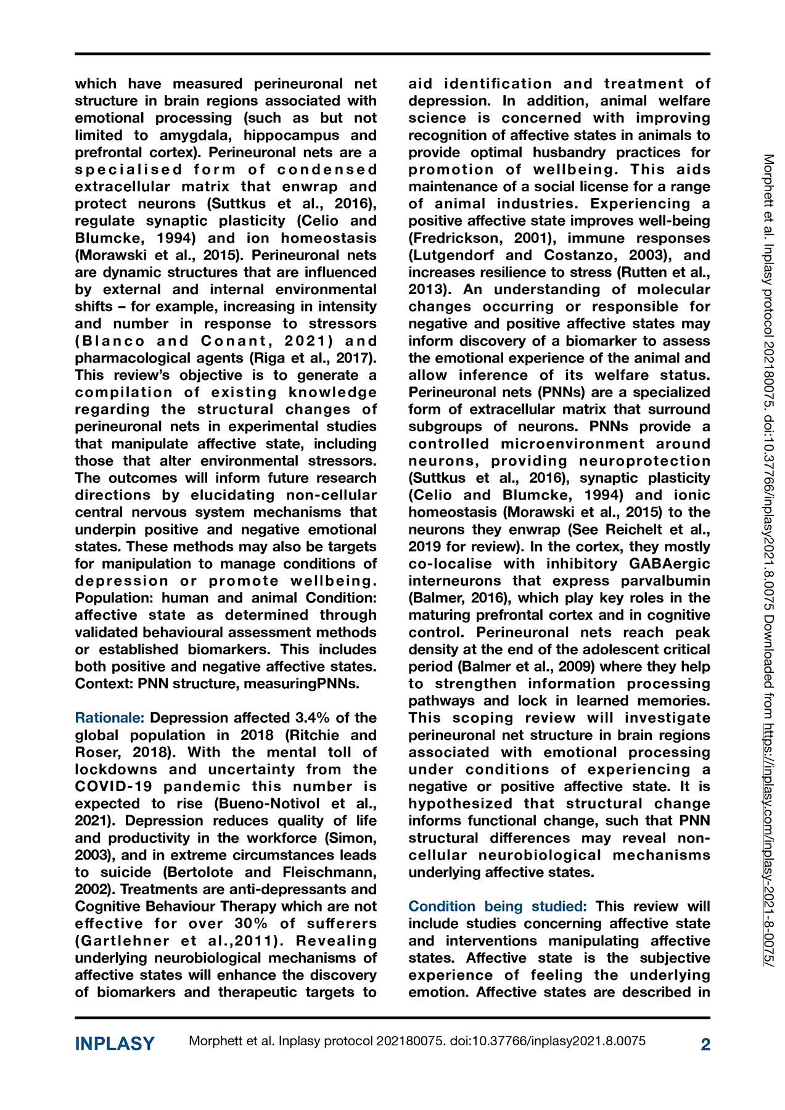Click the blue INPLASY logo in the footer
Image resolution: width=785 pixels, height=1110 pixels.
pyautogui.click(x=115, y=1043)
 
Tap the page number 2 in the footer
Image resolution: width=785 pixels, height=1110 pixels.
pyautogui.click(x=705, y=1044)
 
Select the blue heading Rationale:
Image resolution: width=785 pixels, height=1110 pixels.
pyautogui.click(x=110, y=718)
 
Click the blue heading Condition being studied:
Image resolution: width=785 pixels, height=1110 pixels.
pyautogui.click(x=498, y=906)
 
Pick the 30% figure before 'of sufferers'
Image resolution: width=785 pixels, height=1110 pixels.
pyautogui.click(x=251, y=924)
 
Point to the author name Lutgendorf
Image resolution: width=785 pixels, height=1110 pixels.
pyautogui.click(x=453, y=255)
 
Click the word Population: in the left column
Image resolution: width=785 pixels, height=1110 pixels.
pyautogui.click(x=115, y=598)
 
